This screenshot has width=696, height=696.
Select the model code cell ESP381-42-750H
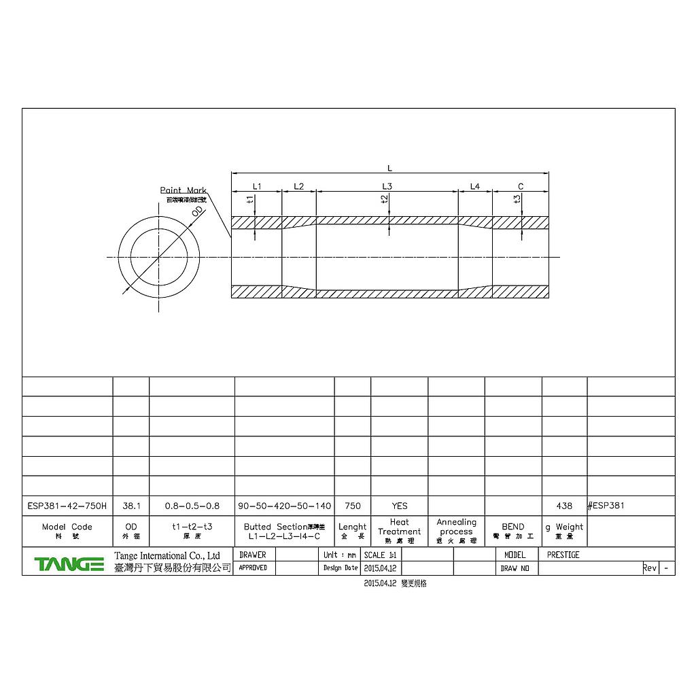[x=67, y=506]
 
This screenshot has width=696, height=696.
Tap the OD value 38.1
[x=130, y=506]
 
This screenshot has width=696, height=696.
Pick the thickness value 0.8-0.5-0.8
[x=192, y=506]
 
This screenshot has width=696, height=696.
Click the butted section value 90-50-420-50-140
[x=284, y=506]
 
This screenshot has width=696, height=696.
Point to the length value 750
[x=352, y=506]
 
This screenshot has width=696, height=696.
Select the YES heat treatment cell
[x=399, y=506]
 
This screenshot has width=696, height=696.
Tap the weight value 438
[x=563, y=506]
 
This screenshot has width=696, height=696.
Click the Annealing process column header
[x=456, y=527]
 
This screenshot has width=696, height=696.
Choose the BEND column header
[x=512, y=527]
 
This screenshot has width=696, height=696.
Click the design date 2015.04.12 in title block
[x=381, y=568]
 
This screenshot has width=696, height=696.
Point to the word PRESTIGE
[x=563, y=555]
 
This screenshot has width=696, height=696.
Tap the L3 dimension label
[x=387, y=186]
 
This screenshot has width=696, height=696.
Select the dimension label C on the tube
[x=521, y=186]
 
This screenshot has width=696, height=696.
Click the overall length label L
[x=389, y=168]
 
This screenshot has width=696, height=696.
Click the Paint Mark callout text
[x=183, y=191]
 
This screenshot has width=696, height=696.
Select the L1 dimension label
[x=256, y=186]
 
